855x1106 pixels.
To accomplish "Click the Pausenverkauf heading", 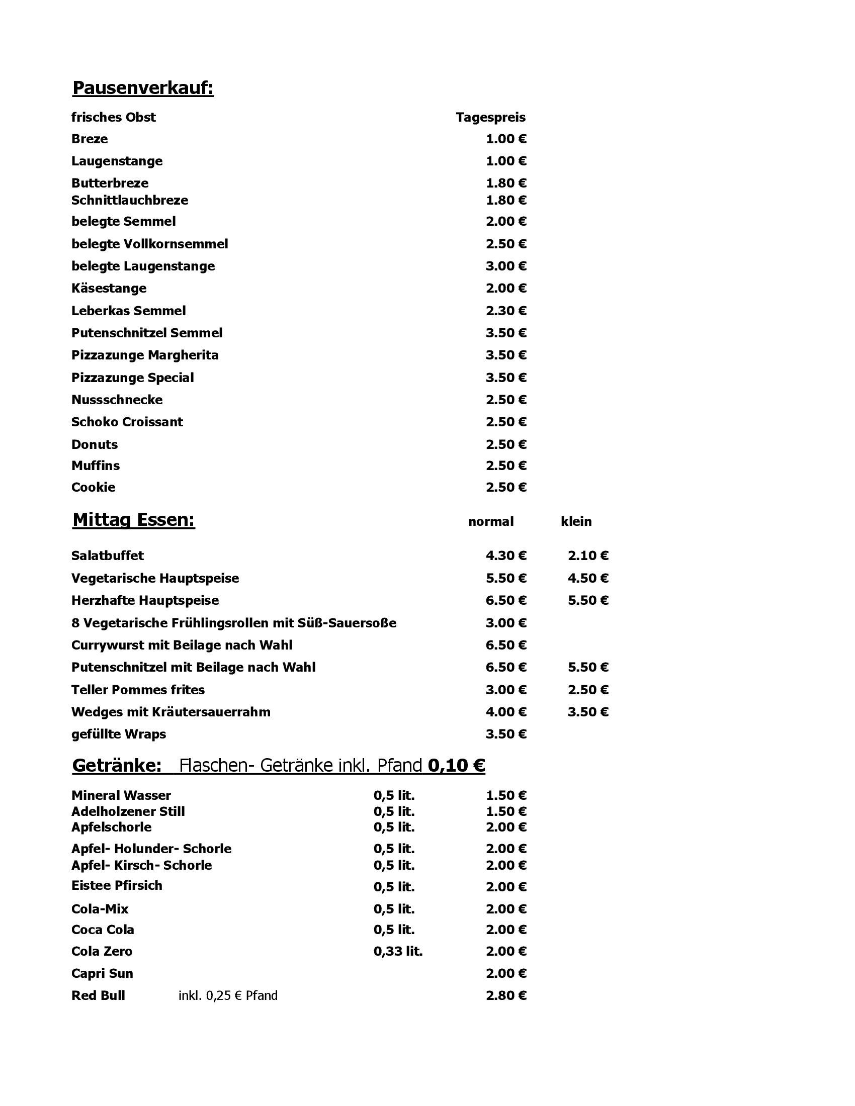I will [x=143, y=88].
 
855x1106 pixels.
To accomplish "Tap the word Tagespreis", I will [x=490, y=118].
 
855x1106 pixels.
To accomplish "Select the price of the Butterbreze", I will [x=505, y=183].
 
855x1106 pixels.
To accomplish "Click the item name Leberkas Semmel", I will [x=128, y=310].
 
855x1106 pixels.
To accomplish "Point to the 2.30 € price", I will [x=505, y=310].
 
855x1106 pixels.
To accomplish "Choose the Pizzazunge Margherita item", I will [x=145, y=355].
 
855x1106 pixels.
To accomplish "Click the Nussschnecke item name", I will [x=117, y=400].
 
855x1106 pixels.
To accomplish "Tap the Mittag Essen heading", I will [x=134, y=520].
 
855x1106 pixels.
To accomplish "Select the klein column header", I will [x=576, y=522].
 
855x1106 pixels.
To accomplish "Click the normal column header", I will [x=490, y=522].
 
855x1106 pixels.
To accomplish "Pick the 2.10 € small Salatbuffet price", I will [x=587, y=556].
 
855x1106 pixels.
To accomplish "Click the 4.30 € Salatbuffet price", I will [x=505, y=556].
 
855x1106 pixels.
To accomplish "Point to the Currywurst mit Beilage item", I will [x=182, y=645].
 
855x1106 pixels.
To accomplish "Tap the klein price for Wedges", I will [x=587, y=712].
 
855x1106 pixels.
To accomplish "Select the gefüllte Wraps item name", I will [x=119, y=734].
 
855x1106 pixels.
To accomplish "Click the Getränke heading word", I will [x=117, y=765].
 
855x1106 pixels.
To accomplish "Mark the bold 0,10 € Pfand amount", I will [x=456, y=765].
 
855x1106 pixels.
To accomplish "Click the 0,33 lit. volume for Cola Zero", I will [x=398, y=951].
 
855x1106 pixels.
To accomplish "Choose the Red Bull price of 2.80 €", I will [x=505, y=995].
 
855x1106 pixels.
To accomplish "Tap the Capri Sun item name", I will [x=102, y=973].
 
